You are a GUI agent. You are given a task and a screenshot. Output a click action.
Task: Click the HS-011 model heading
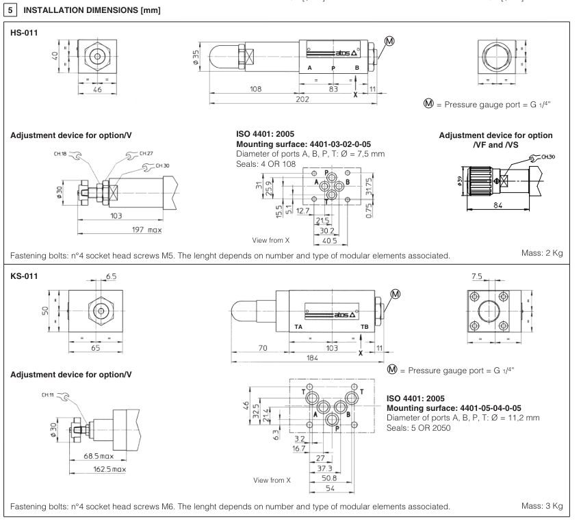(x=21, y=31)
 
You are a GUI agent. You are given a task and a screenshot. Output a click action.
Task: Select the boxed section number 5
(x=8, y=8)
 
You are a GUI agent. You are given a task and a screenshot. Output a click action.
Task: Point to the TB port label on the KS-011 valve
(x=365, y=327)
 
